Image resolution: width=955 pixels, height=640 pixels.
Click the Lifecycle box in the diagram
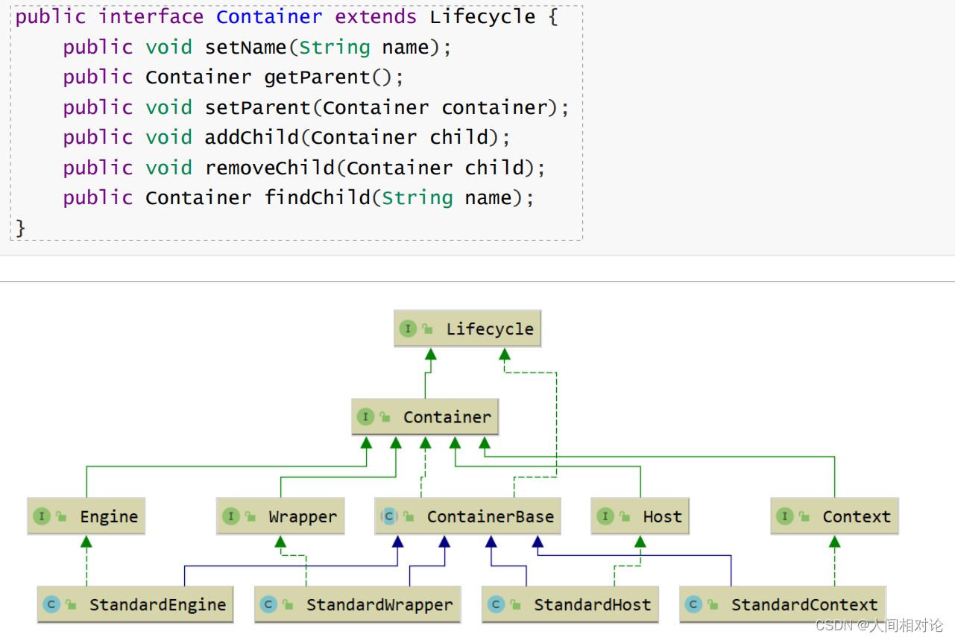pos(467,329)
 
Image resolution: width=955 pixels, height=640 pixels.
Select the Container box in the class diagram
pos(425,417)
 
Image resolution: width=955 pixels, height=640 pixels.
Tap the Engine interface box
pos(86,517)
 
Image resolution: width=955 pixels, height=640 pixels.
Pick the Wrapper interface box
pos(281,517)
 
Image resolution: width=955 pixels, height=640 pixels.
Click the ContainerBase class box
pos(468,517)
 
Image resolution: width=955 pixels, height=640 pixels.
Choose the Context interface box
pos(834,517)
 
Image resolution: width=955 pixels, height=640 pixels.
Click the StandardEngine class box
pos(136,605)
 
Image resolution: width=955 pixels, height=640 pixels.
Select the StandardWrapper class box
pos(358,605)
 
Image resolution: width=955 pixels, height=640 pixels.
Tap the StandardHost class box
pos(571,605)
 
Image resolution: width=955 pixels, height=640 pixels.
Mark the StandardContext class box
pos(783,605)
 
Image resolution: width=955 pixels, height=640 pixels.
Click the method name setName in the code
pos(245,48)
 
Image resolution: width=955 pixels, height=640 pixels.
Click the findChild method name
pos(317,197)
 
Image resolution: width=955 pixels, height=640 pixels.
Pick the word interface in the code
pos(151,17)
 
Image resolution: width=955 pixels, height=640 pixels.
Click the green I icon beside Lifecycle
pos(408,329)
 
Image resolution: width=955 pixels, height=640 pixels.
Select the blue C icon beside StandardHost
pos(496,604)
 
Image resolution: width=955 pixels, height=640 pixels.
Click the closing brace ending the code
pos(20,227)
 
